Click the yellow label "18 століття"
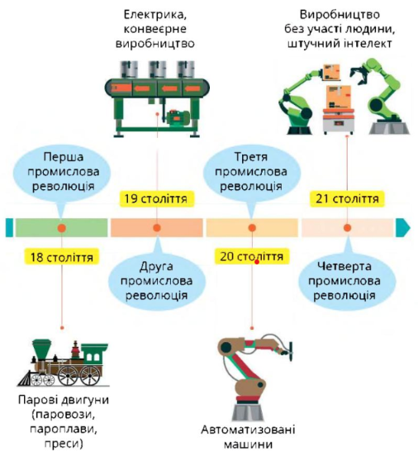point(62,257)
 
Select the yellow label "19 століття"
point(156,199)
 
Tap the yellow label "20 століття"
point(252,256)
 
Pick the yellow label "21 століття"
point(347,199)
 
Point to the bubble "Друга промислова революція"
point(157,280)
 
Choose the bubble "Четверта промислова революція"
point(346,281)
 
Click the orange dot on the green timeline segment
point(62,228)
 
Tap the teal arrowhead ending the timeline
point(403,228)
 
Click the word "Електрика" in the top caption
point(155,15)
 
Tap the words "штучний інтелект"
point(340,44)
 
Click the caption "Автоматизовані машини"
point(248,437)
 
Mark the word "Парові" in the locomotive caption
point(39,400)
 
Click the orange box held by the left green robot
point(331,72)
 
